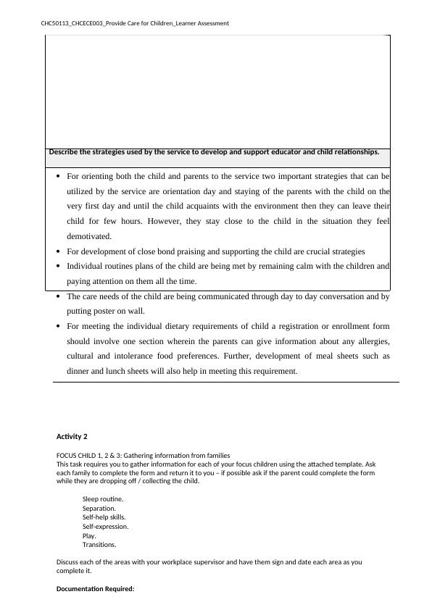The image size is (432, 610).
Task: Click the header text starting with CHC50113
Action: [x=135, y=23]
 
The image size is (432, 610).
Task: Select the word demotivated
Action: [x=90, y=236]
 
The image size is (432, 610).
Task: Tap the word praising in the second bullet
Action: [x=206, y=251]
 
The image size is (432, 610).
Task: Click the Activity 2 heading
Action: [x=72, y=437]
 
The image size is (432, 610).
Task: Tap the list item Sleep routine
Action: [x=103, y=499]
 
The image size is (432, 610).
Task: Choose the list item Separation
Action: [x=99, y=509]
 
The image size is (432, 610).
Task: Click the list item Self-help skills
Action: [x=104, y=517]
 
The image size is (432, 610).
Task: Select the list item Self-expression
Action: [x=105, y=527]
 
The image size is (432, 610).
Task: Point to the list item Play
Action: [x=89, y=535]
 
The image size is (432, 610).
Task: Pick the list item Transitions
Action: [x=99, y=545]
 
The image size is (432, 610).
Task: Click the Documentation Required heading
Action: [x=96, y=589]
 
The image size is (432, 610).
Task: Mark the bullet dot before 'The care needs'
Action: [x=58, y=297]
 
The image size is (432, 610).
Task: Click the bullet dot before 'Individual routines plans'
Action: [x=58, y=267]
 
